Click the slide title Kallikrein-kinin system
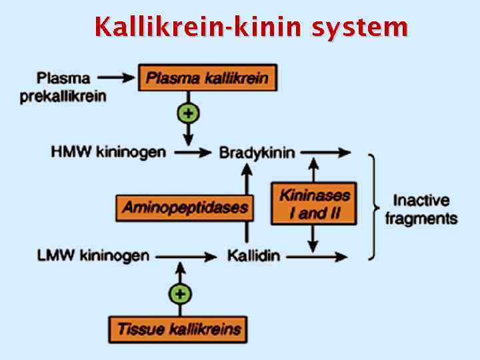251,27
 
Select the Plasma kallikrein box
207,78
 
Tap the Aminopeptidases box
185,207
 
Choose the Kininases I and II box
314,204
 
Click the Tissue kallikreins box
179,329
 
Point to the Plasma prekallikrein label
63,87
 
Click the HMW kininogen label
108,152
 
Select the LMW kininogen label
93,255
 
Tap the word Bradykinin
257,153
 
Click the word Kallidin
253,255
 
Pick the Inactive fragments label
421,209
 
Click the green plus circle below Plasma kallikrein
189,113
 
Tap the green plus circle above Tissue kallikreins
179,293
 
